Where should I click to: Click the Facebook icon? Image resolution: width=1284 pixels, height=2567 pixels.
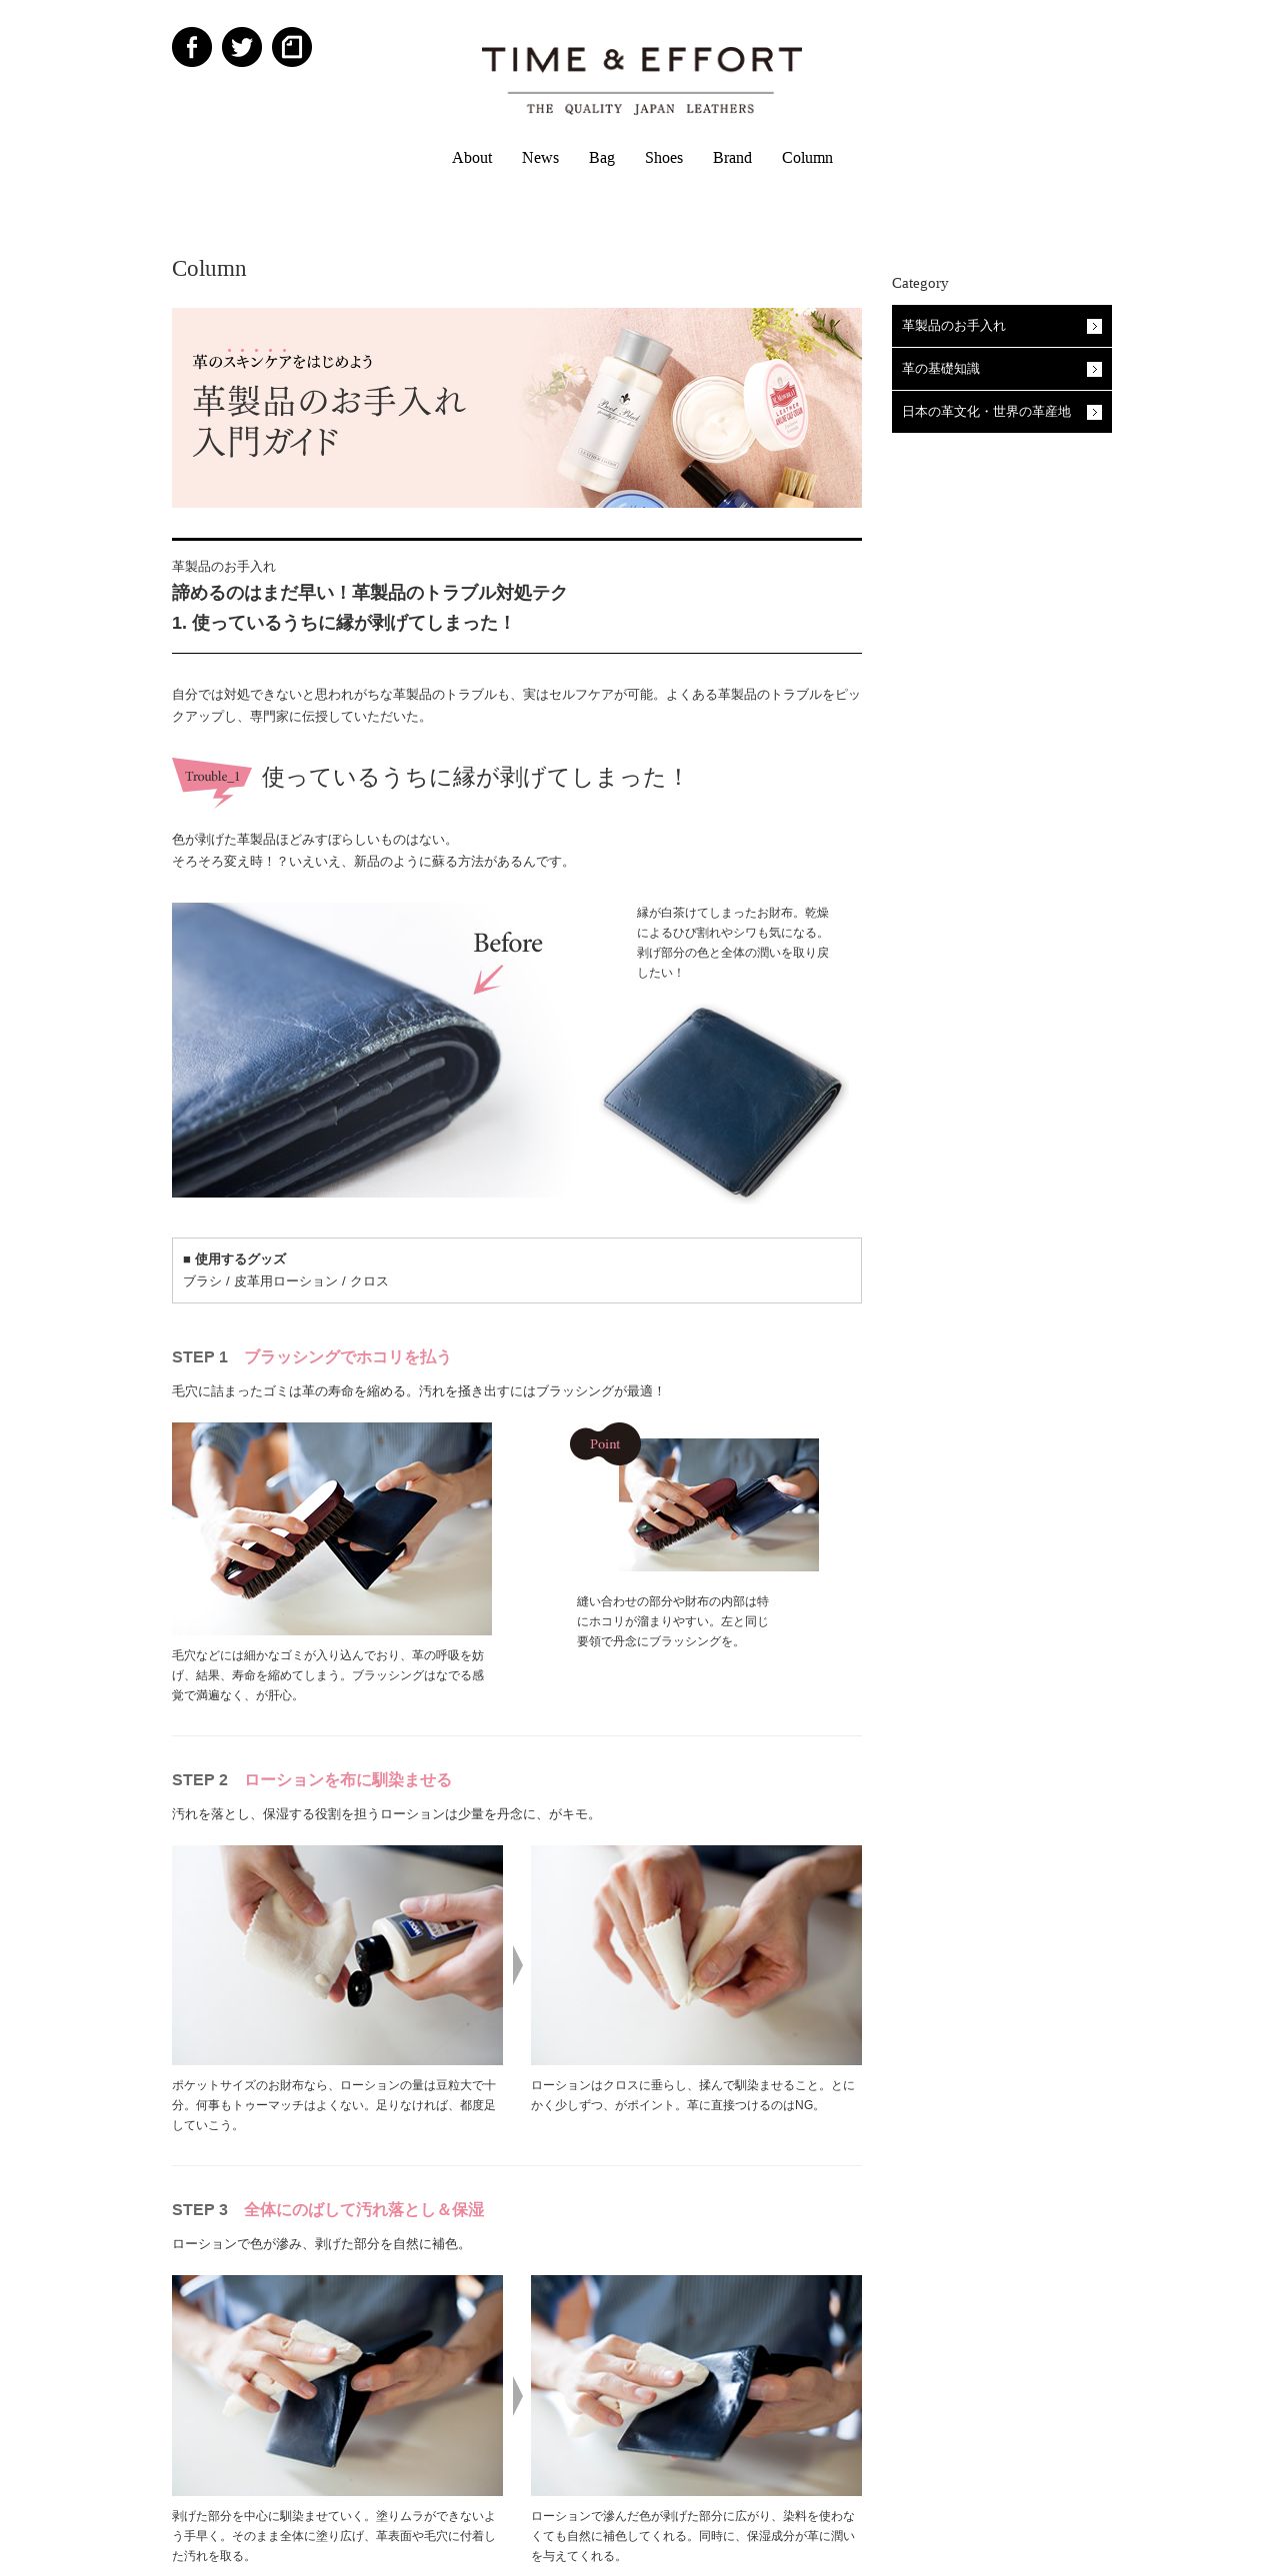[x=192, y=47]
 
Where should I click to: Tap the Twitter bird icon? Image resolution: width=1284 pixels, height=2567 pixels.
[x=242, y=47]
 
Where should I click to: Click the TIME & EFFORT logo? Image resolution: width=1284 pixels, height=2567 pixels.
[x=641, y=80]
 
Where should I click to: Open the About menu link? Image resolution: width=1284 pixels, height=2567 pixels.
[x=472, y=158]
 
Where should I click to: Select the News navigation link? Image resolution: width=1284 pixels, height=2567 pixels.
[x=540, y=158]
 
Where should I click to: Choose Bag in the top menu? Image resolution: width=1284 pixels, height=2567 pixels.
[x=602, y=158]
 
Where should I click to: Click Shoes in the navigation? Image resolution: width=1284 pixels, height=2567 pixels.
[x=664, y=158]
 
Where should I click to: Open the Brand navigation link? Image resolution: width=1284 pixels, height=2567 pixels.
[x=732, y=158]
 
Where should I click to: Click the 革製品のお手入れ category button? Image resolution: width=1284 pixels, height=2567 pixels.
[x=1002, y=326]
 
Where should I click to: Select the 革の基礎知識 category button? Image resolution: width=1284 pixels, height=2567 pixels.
[x=1002, y=369]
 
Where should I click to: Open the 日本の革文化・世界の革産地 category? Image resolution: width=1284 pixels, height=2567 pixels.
[x=1002, y=412]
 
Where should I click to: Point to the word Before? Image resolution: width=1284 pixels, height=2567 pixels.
[x=508, y=943]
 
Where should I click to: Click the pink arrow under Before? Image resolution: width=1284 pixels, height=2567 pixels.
[x=488, y=979]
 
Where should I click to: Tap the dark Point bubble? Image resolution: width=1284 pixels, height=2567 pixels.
[x=605, y=1443]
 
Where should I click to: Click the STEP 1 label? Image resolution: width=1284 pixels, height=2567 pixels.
[x=200, y=1356]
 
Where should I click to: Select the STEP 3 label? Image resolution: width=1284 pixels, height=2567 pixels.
[x=200, y=2209]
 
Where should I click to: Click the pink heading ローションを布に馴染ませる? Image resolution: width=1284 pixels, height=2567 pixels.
[x=348, y=1779]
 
